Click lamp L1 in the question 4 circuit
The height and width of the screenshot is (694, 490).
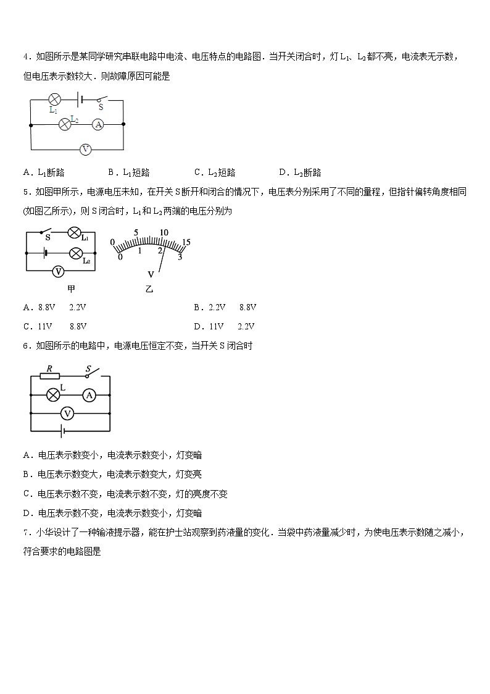click(x=54, y=99)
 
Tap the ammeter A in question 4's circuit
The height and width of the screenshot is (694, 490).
click(x=98, y=124)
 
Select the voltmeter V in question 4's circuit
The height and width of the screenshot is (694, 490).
click(x=86, y=149)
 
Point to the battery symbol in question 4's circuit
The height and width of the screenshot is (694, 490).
click(x=80, y=99)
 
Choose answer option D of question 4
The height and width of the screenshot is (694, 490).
click(x=300, y=172)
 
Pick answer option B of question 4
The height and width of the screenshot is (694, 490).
click(x=128, y=172)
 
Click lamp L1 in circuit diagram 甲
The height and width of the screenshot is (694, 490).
click(x=75, y=234)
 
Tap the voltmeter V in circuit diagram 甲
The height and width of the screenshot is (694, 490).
click(x=58, y=271)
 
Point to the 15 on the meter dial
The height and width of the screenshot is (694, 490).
click(x=186, y=242)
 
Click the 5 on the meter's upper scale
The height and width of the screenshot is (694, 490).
click(x=136, y=234)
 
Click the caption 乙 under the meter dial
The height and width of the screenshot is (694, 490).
click(x=149, y=289)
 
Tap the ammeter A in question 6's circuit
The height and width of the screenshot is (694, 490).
click(x=89, y=394)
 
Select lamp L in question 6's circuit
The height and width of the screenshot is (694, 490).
click(x=54, y=394)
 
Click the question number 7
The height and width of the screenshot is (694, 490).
click(x=26, y=532)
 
